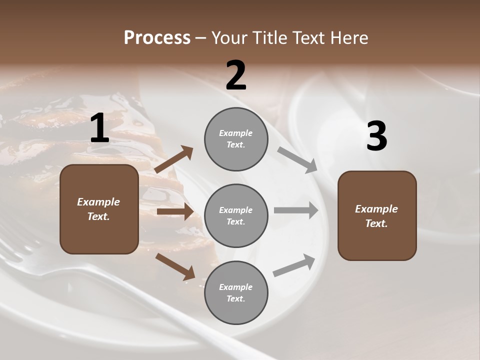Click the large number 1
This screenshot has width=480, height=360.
tap(99, 128)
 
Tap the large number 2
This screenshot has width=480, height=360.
tap(236, 76)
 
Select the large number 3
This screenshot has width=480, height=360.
tap(376, 137)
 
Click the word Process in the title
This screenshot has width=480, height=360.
tap(157, 37)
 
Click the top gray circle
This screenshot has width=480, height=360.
tap(236, 139)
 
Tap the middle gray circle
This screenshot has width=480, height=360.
tap(236, 216)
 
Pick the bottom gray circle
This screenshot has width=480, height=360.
tap(236, 293)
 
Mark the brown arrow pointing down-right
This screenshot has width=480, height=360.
tap(175, 266)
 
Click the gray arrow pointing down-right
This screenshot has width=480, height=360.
tap(298, 160)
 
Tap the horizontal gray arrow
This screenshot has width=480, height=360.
tap(296, 210)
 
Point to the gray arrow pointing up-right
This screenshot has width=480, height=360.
tap(294, 265)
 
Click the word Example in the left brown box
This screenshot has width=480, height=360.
tap(98, 202)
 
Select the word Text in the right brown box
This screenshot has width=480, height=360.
tap(376, 223)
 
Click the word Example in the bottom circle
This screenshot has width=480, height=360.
tap(236, 287)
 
